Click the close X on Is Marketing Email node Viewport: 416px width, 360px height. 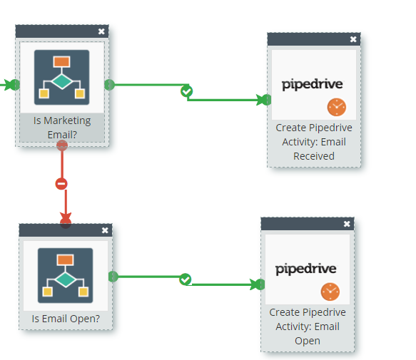coord(101,31)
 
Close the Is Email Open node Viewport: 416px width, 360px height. coord(105,230)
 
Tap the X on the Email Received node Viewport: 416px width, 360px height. coord(353,39)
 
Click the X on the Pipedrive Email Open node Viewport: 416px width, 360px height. coord(347,224)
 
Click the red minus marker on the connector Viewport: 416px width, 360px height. coord(61,184)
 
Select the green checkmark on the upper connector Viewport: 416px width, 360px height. coord(187,91)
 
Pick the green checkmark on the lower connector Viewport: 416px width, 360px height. coord(186,279)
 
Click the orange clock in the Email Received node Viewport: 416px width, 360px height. coord(337,107)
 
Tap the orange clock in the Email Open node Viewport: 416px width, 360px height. coord(330,292)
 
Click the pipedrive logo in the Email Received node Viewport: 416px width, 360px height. coord(313,85)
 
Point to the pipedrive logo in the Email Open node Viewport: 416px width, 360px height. coord(306,269)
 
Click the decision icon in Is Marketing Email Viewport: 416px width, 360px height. coord(62,78)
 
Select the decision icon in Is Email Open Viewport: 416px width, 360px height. coord(65,276)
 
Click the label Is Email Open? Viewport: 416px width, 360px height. coord(66,319)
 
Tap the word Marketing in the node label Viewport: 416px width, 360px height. coord(67,121)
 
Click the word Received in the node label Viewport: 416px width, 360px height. coord(314,156)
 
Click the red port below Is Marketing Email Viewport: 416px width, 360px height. coord(62,145)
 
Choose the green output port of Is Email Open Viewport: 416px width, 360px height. coord(113,277)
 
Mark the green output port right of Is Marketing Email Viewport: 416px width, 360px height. coord(110,85)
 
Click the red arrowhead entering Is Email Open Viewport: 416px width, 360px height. coord(66,218)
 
